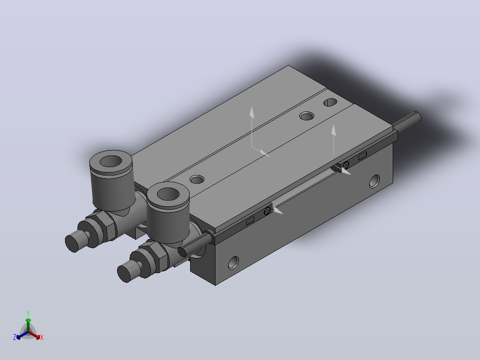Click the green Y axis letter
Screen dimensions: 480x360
[x=28, y=313]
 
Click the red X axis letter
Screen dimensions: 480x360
[x=42, y=337]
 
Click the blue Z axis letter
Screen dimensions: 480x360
[x=15, y=337]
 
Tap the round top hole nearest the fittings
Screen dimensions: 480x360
[x=197, y=179]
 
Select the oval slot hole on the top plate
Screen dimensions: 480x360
[x=330, y=102]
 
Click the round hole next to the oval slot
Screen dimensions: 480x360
[x=307, y=116]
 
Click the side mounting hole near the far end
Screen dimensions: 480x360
[x=375, y=181]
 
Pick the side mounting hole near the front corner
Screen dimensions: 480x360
[x=234, y=263]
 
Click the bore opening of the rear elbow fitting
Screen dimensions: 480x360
[x=111, y=161]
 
